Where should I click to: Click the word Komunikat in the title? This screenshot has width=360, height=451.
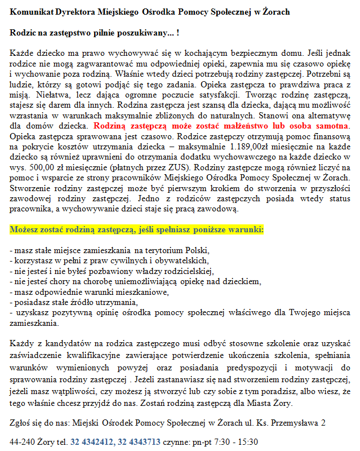point(31,11)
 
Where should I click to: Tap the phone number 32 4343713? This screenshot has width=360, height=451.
point(136,441)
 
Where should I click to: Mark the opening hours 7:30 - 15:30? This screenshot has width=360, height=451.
point(236,441)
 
